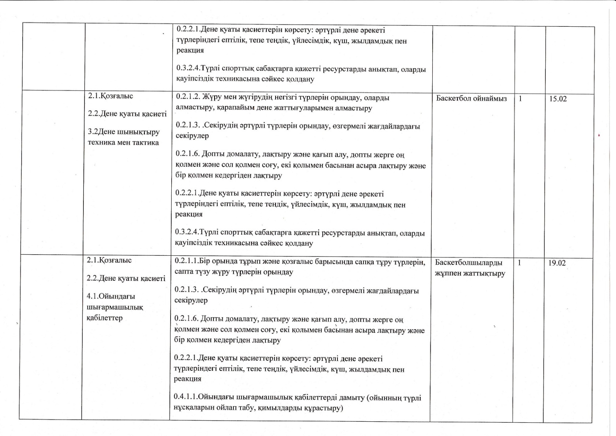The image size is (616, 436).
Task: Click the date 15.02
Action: pos(558,99)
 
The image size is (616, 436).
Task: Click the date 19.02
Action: pos(557,263)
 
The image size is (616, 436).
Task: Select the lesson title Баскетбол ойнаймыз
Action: pos(471,98)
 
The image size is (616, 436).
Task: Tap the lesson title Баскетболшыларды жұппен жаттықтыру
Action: pos(470,268)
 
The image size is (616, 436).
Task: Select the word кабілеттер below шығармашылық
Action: pos(105,318)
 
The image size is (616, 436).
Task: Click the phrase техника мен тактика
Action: pos(123,143)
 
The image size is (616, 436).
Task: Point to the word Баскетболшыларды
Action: pos(468,263)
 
